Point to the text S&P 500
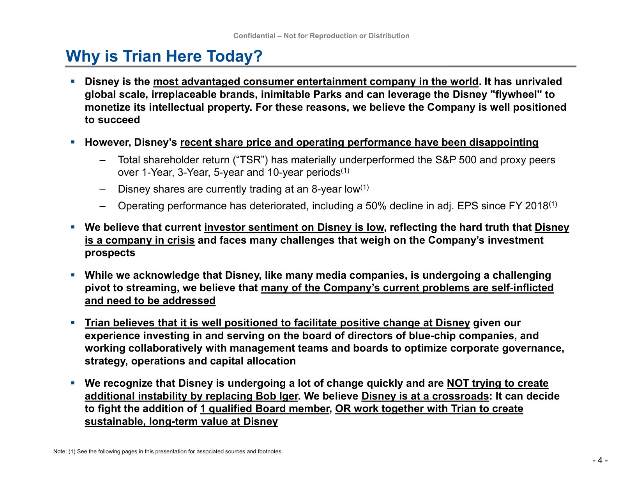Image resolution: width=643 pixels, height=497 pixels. point(456,160)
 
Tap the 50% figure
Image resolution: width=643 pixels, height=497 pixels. point(376,206)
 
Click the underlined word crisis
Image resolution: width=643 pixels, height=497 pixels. point(180,240)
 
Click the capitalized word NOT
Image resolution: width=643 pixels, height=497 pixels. point(458,383)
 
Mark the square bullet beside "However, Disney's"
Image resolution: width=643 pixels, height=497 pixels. point(72,142)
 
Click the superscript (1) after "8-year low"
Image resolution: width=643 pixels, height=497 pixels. point(364,187)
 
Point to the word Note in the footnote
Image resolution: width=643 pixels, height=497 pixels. point(59,451)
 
